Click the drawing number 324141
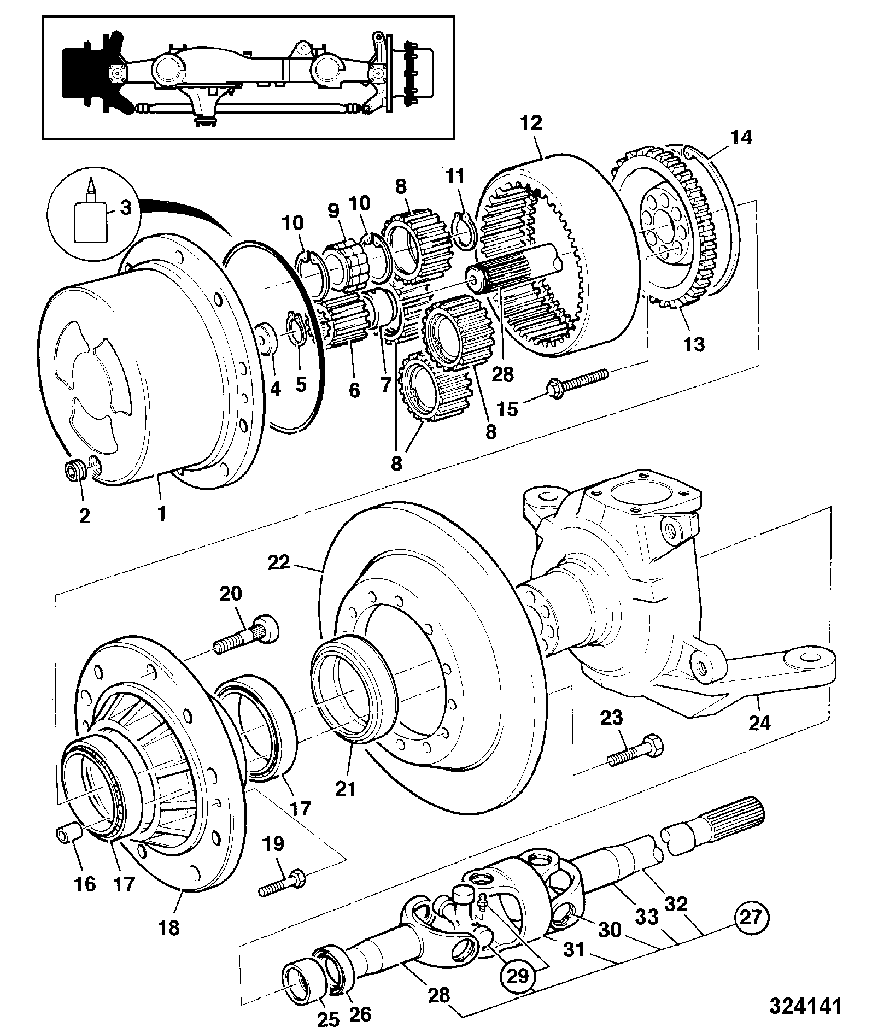(806, 1006)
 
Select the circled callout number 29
(517, 975)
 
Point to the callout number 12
(531, 123)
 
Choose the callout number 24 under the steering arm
(759, 723)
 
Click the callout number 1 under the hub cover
(162, 513)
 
